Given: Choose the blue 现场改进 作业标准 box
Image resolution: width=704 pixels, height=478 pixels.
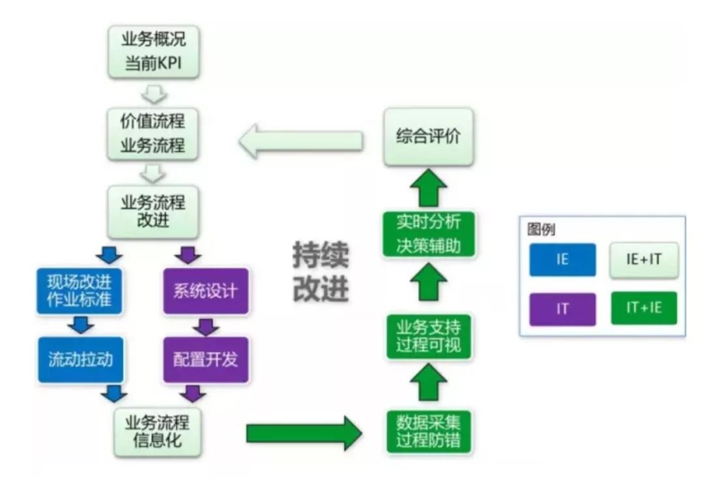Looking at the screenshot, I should pyautogui.click(x=80, y=291).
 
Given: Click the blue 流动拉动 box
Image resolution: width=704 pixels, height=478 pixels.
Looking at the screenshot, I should pyautogui.click(x=80, y=359).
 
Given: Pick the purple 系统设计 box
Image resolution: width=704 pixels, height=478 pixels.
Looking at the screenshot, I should pyautogui.click(x=205, y=291).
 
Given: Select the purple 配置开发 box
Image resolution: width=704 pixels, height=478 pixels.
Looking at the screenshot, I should pyautogui.click(x=205, y=359).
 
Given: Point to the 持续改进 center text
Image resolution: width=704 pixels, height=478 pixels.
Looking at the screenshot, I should pyautogui.click(x=320, y=272).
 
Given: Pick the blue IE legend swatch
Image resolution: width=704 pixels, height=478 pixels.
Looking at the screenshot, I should pyautogui.click(x=562, y=260).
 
